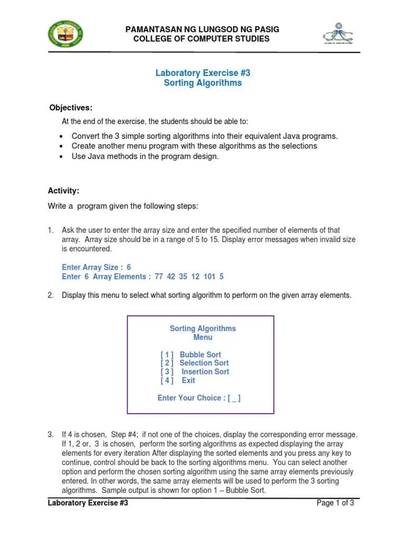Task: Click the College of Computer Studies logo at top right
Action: pyautogui.click(x=339, y=33)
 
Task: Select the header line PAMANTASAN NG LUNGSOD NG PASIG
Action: pyautogui.click(x=202, y=30)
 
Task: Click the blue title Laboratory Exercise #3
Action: pyautogui.click(x=202, y=73)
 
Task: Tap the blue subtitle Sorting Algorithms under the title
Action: pyautogui.click(x=202, y=83)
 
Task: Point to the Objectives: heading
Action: pyautogui.click(x=71, y=108)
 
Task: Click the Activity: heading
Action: pyautogui.click(x=64, y=190)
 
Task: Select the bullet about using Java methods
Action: pyautogui.click(x=145, y=156)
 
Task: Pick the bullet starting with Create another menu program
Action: pyautogui.click(x=194, y=146)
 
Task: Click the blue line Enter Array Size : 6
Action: pyautogui.click(x=96, y=267)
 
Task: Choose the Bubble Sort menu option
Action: pyautogui.click(x=200, y=355)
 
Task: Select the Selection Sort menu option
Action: pyautogui.click(x=204, y=363)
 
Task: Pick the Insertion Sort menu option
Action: pyautogui.click(x=205, y=371)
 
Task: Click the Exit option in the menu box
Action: pyautogui.click(x=188, y=380)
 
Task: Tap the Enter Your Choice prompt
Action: pyautogui.click(x=199, y=398)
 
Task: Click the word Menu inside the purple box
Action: pyautogui.click(x=202, y=337)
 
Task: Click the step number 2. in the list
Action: pyautogui.click(x=51, y=295)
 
